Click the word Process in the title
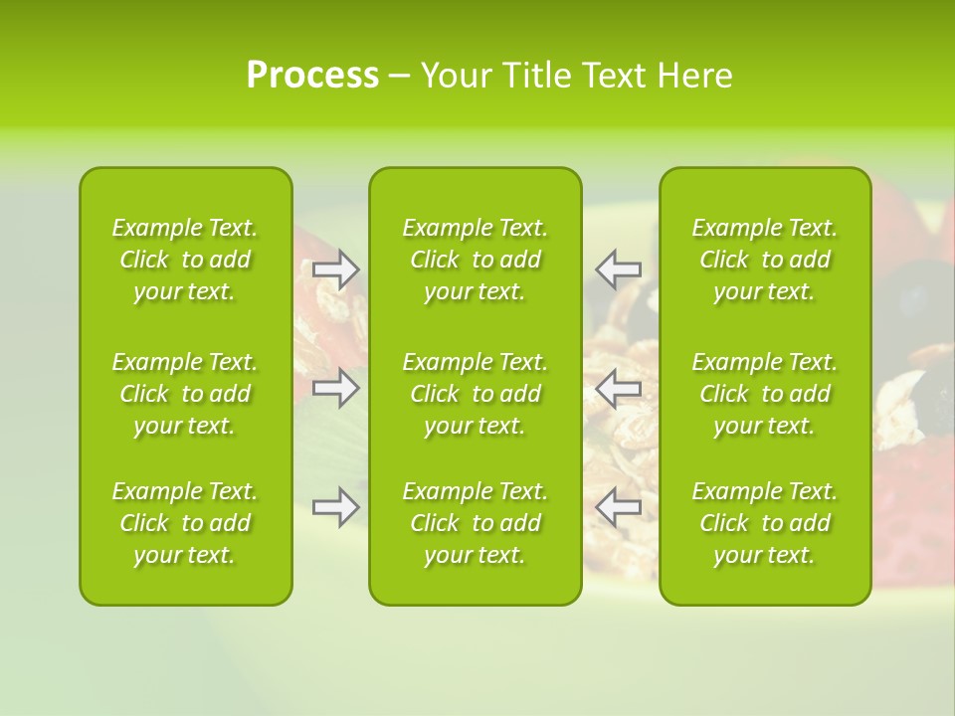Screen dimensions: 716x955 pos(312,76)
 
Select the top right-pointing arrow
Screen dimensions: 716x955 pos(335,269)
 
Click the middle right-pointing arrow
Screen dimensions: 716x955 pos(335,388)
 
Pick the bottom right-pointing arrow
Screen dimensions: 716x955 pos(335,507)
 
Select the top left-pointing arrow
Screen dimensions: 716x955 pos(619,269)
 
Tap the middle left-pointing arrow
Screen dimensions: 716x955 pos(619,388)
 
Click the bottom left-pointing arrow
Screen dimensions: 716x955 pos(619,507)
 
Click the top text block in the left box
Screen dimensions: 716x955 pos(185,260)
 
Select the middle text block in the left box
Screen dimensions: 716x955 pos(185,394)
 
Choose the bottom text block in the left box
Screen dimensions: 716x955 pos(185,523)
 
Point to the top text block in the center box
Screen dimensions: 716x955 pos(475,260)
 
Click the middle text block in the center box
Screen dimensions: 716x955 pos(475,394)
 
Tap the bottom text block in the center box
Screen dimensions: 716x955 pos(475,523)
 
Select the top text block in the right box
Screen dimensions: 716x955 pos(764,260)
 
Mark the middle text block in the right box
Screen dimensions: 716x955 pos(764,394)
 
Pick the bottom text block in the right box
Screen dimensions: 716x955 pos(764,523)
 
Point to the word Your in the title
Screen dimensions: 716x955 pos(457,76)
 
